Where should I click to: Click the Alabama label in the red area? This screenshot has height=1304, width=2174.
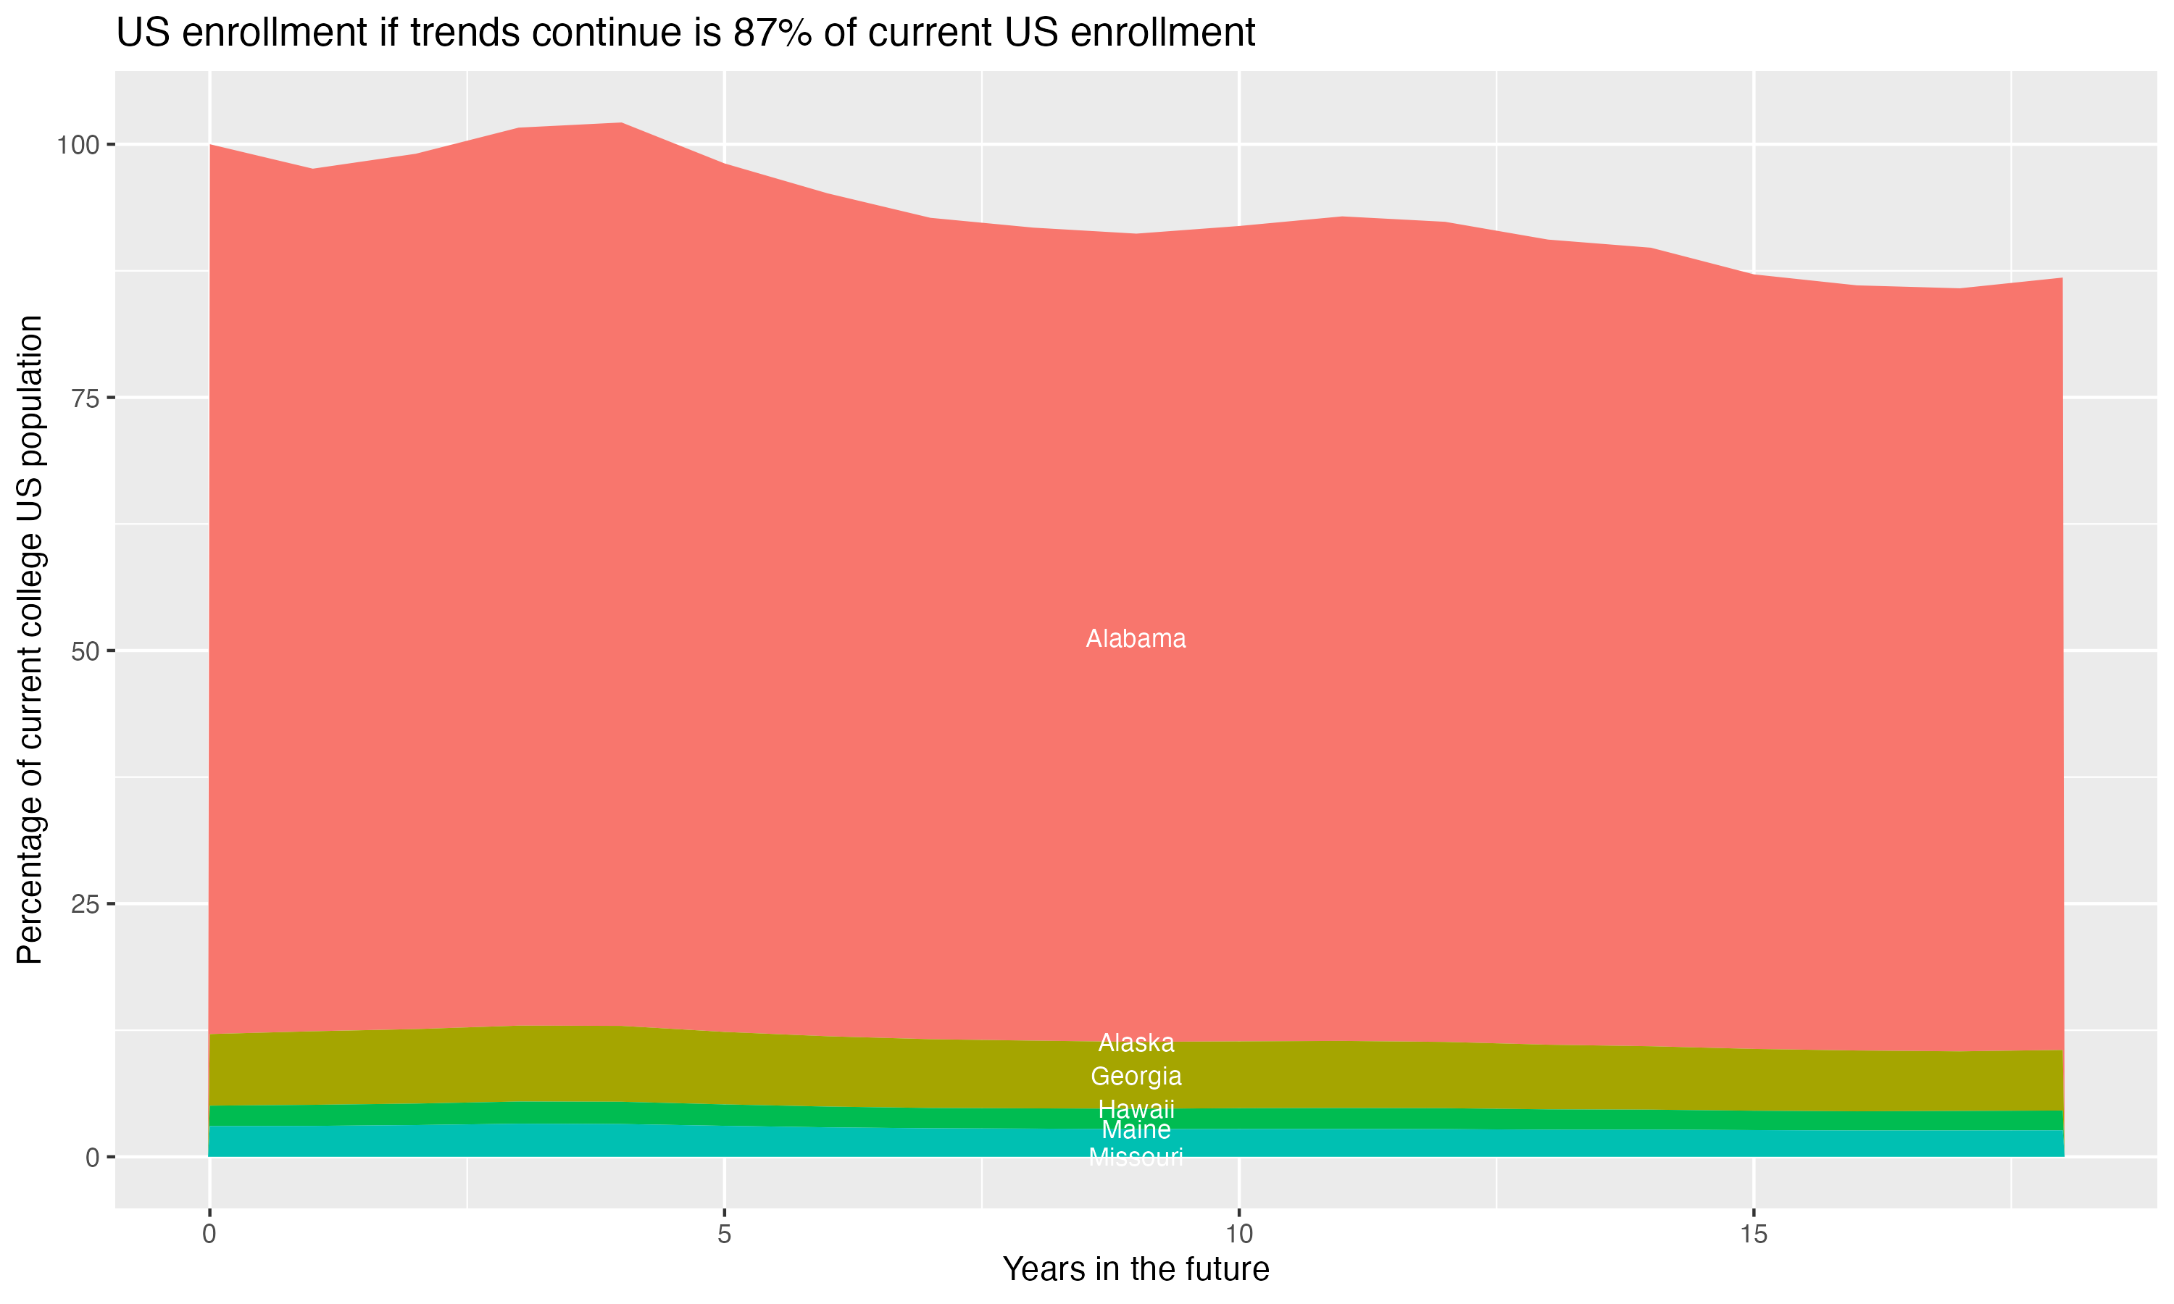[1136, 639]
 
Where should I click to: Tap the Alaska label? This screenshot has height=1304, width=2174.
[1136, 1043]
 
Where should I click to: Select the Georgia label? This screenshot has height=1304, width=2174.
[1136, 1077]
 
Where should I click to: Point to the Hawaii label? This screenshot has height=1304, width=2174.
[1136, 1109]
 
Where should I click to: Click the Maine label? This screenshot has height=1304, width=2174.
[1136, 1130]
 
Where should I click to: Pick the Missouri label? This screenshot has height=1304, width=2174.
[1136, 1157]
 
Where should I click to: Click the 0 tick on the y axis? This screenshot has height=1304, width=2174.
[92, 1157]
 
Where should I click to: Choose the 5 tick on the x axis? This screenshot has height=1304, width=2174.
[724, 1234]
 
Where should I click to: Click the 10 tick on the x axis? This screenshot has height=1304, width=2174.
[1239, 1234]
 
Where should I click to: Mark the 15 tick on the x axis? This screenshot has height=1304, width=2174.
[1754, 1234]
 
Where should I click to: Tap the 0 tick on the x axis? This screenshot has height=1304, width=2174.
[209, 1234]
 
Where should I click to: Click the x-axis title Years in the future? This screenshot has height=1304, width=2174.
[1136, 1270]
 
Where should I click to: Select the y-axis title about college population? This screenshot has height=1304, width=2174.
[30, 639]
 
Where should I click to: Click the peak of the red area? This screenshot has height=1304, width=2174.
[621, 124]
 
